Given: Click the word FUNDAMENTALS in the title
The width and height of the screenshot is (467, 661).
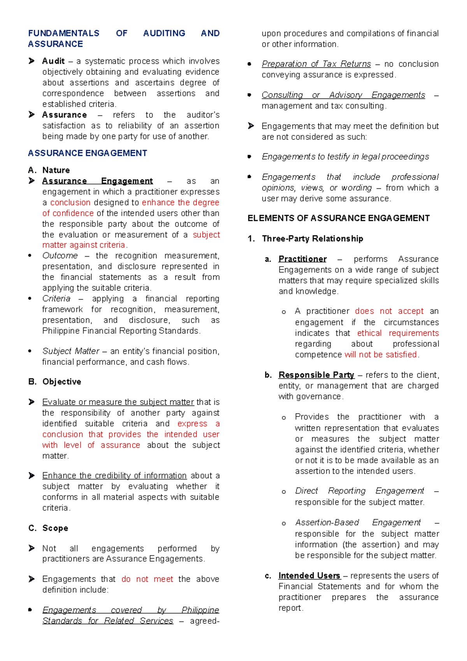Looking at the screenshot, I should point(63,33).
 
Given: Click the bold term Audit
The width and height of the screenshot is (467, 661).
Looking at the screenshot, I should point(53,61).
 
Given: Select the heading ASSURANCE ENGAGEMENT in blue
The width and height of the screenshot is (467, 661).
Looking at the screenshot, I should point(87,153).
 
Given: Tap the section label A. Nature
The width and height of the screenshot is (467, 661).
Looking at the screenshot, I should point(49,170).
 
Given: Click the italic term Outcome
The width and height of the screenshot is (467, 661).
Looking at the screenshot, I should point(60,256).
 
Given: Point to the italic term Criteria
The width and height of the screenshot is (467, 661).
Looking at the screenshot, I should point(56,299).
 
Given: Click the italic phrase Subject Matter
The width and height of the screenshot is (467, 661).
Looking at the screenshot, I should point(71,351).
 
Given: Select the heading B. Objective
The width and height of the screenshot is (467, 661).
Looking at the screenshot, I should point(55,382).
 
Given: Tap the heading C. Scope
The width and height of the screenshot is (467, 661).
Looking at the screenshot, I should point(48,528).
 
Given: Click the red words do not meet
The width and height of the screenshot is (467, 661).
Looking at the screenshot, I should point(147,579).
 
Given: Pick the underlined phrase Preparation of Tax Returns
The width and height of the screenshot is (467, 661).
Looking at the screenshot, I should point(316,64).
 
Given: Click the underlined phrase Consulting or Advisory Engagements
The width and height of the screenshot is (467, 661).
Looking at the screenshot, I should point(343,95).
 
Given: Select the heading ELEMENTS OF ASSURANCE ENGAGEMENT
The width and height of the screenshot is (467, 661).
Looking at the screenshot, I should point(339,218).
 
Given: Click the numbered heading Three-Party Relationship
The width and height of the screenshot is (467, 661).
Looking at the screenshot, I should point(312,239).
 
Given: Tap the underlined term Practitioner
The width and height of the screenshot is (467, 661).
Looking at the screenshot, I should point(302,259).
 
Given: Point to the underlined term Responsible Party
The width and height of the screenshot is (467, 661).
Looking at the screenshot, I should point(316,375).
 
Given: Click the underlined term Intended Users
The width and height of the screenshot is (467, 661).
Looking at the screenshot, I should point(309,576).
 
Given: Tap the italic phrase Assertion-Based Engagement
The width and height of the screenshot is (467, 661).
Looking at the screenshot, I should point(358,522).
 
